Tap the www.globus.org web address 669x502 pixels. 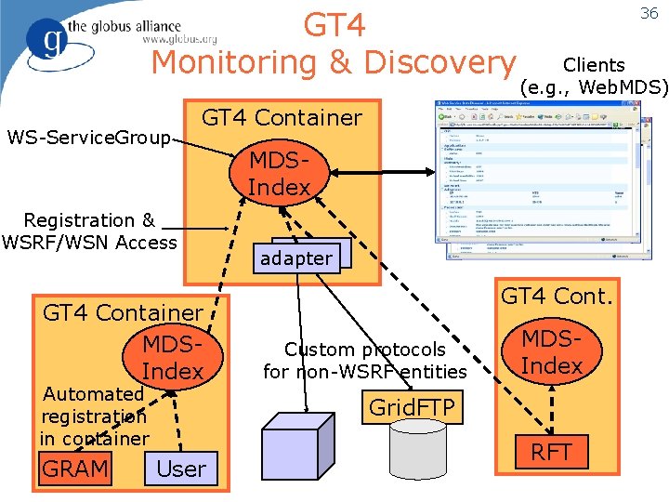(179, 39)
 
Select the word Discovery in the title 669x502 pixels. (439, 62)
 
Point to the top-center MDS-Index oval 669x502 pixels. (279, 173)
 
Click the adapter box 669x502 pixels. (297, 258)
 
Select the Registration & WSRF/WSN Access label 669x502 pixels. (89, 231)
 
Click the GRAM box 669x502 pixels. (75, 469)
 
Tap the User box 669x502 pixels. (181, 469)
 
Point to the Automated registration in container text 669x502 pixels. (94, 416)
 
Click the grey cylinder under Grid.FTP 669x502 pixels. (426, 456)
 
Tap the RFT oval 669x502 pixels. (551, 453)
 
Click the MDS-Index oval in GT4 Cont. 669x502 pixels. (551, 351)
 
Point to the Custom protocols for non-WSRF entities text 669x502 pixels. (364, 361)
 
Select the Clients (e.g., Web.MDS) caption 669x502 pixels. (594, 76)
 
